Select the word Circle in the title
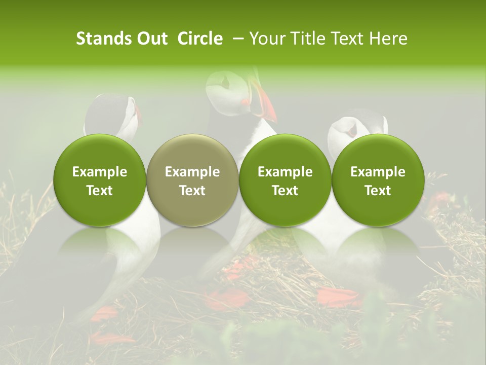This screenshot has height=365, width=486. (x=199, y=39)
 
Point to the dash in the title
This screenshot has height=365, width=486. (x=236, y=39)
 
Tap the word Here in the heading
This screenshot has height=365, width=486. (x=389, y=39)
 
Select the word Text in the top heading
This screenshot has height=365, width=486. (x=348, y=39)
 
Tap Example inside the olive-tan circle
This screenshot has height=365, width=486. (x=192, y=172)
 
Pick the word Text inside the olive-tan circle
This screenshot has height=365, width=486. (x=192, y=191)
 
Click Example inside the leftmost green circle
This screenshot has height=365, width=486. (x=99, y=172)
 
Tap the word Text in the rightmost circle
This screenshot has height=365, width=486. (x=378, y=191)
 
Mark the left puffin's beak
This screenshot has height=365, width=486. (x=138, y=114)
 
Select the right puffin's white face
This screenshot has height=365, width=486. (x=344, y=129)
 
